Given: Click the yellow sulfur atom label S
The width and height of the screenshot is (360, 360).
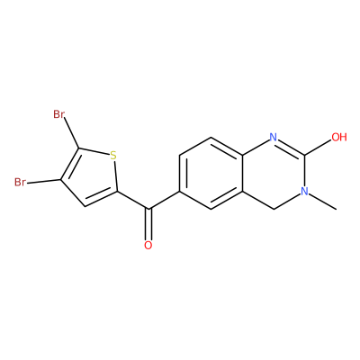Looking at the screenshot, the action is click(112, 156).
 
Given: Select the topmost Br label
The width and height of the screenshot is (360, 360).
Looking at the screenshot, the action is click(58, 114).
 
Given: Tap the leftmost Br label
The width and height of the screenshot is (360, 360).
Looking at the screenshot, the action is click(20, 182).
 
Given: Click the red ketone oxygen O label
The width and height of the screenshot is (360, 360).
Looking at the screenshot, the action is click(148, 245).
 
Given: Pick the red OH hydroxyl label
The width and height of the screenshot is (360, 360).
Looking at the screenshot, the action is click(339, 137).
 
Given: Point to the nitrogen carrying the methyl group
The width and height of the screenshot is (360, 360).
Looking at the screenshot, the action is click(305, 191).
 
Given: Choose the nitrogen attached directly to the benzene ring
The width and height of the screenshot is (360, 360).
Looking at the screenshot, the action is click(273, 137).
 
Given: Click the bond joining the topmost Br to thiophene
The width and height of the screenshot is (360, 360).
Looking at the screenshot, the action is click(71, 133).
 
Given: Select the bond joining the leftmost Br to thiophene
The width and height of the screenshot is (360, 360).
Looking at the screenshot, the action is click(43, 182).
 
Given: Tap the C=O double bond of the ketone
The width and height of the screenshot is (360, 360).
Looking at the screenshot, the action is click(148, 224).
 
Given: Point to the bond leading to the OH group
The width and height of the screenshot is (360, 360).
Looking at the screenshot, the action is click(318, 148).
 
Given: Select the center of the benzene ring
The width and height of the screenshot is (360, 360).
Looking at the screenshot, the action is click(211, 173).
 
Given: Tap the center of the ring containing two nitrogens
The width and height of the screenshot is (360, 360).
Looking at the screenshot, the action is click(274, 173).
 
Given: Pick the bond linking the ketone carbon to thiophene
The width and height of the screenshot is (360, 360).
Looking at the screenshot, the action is click(132, 200).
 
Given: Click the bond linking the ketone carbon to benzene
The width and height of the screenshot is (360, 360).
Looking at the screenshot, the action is click(164, 200).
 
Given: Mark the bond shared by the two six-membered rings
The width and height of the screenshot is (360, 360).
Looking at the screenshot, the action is click(242, 173).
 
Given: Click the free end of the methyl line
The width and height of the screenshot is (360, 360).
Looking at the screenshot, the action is click(337, 209).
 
